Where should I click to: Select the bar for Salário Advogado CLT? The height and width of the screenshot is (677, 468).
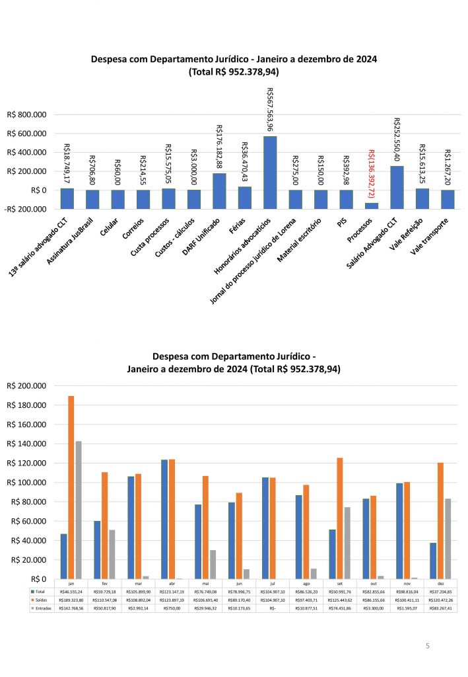coord(397,178)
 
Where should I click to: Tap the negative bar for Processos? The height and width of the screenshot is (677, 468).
coord(372,206)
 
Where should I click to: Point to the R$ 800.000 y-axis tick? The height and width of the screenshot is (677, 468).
coord(27,115)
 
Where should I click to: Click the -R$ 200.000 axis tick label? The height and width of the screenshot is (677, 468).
coord(26,209)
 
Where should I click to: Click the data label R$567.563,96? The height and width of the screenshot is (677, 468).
coord(270,110)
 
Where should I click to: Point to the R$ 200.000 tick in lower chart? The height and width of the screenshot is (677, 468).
coord(27,386)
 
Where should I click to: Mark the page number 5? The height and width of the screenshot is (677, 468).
coord(427,645)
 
